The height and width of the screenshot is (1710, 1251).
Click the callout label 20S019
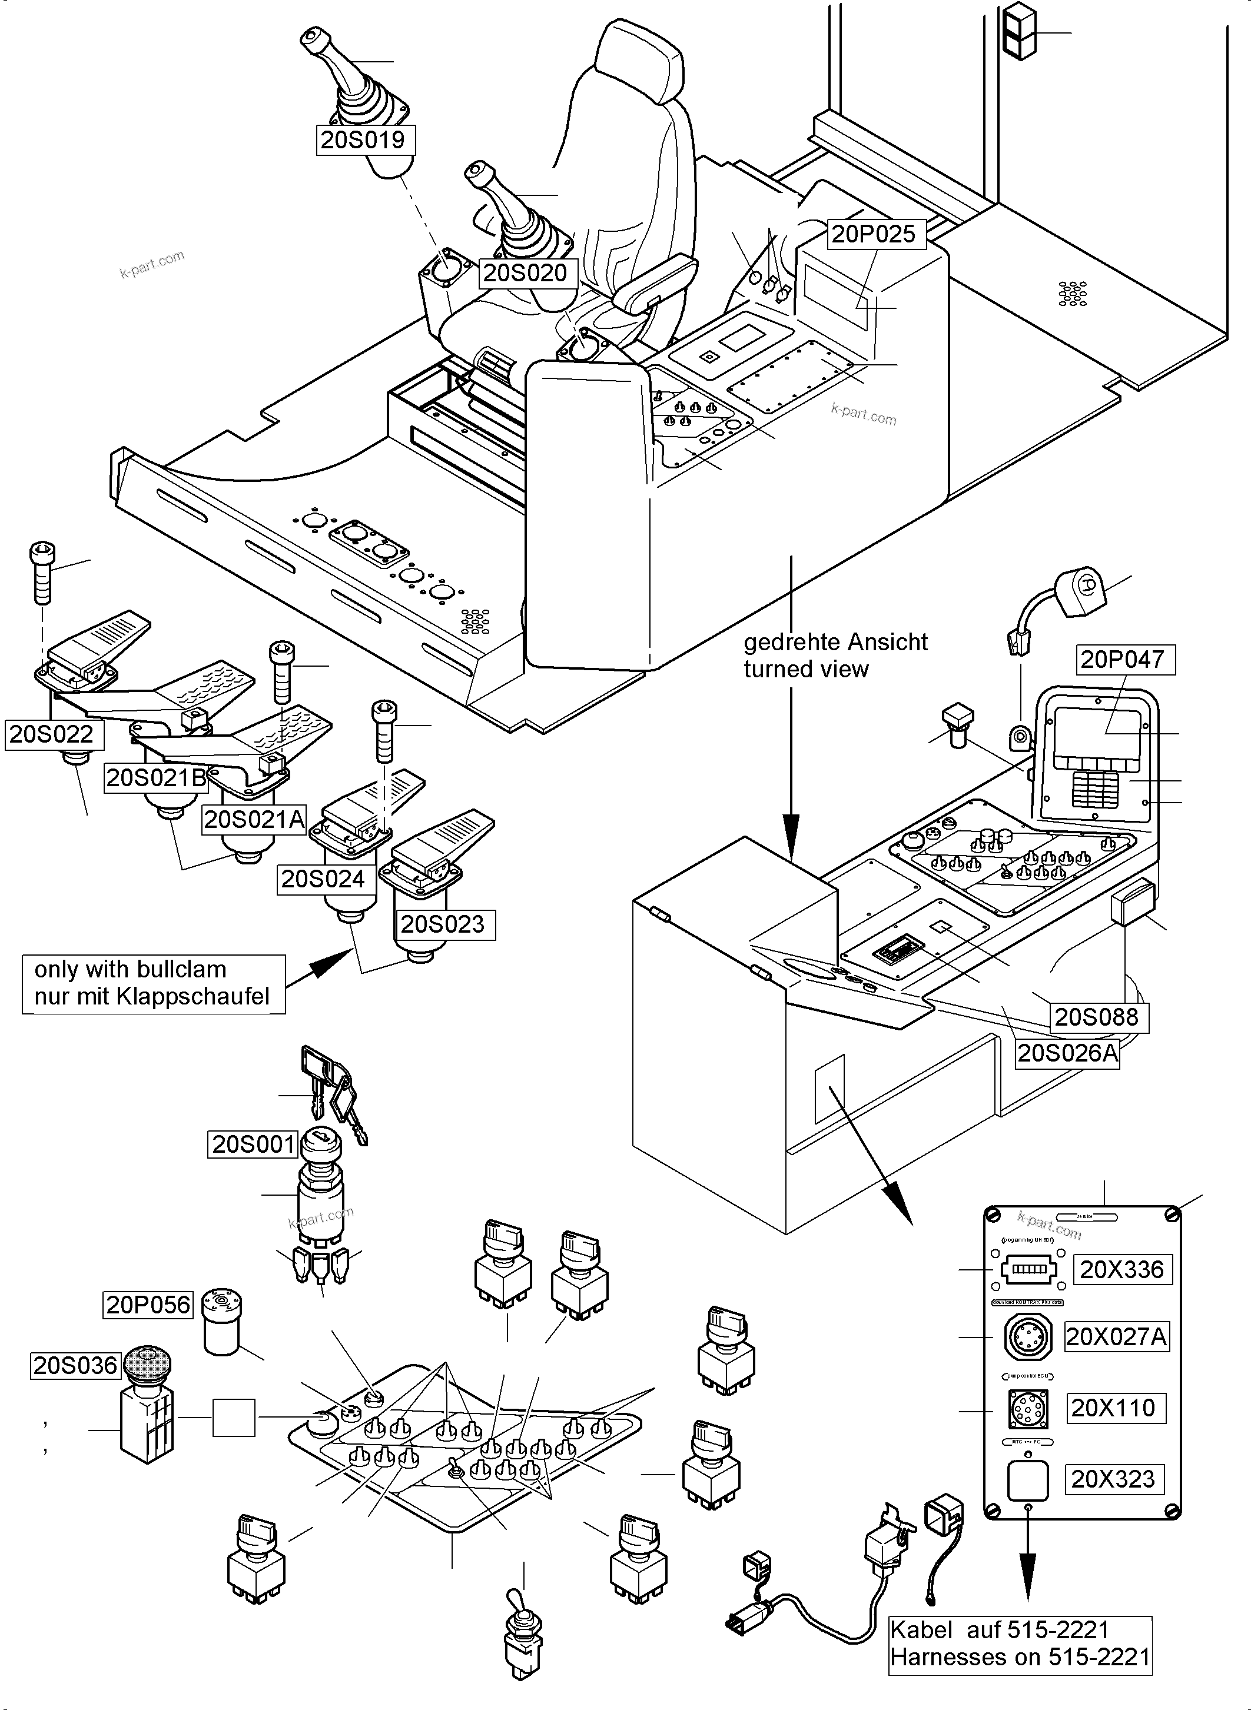click(x=366, y=140)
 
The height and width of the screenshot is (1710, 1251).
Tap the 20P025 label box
click(x=873, y=234)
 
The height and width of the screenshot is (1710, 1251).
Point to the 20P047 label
click(x=1125, y=659)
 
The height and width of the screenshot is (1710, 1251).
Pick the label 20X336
click(x=1122, y=1269)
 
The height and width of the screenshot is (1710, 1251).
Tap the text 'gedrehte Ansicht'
click(x=835, y=642)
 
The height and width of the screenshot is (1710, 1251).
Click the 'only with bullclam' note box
click(x=153, y=983)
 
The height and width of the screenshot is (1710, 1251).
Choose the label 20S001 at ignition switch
click(x=253, y=1144)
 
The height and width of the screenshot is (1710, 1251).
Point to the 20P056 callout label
click(x=148, y=1304)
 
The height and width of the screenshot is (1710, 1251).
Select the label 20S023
click(x=444, y=924)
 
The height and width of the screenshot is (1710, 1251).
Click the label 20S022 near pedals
click(x=51, y=734)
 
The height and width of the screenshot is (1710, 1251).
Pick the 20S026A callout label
click(x=1067, y=1053)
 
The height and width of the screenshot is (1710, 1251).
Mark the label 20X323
click(x=1113, y=1478)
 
